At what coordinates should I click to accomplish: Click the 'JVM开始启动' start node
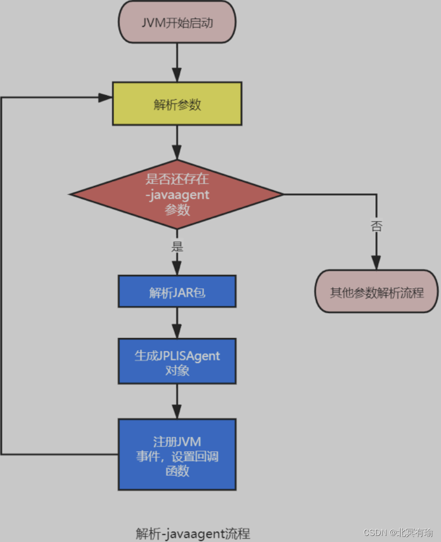pos(177,22)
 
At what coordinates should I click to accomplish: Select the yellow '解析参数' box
pos(177,104)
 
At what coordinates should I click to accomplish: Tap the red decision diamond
pos(176,194)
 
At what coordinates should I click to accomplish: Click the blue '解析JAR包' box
pos(177,291)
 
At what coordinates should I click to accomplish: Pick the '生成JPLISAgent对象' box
pos(177,361)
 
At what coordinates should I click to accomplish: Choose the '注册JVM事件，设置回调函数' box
pos(177,455)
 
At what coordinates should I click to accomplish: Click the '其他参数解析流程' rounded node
pos(376,291)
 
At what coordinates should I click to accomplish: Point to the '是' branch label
pos(177,247)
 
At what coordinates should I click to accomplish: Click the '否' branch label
pos(376,226)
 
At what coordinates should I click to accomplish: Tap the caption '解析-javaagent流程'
pos(193,533)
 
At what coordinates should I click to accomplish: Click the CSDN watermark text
pos(398,532)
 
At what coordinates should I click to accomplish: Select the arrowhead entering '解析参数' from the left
pos(105,98)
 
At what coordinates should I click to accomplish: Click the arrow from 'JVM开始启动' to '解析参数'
pos(177,63)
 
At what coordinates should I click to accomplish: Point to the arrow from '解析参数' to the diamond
pos(177,142)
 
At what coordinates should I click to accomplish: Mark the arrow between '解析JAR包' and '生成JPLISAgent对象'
pos(177,323)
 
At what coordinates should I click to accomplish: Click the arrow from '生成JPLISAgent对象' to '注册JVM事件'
pos(177,401)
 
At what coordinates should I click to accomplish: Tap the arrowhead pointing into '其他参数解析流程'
pos(376,263)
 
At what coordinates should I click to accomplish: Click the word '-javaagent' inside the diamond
pos(177,195)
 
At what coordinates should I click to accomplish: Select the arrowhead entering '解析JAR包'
pos(177,268)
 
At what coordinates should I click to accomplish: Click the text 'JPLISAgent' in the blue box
pos(189,356)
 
